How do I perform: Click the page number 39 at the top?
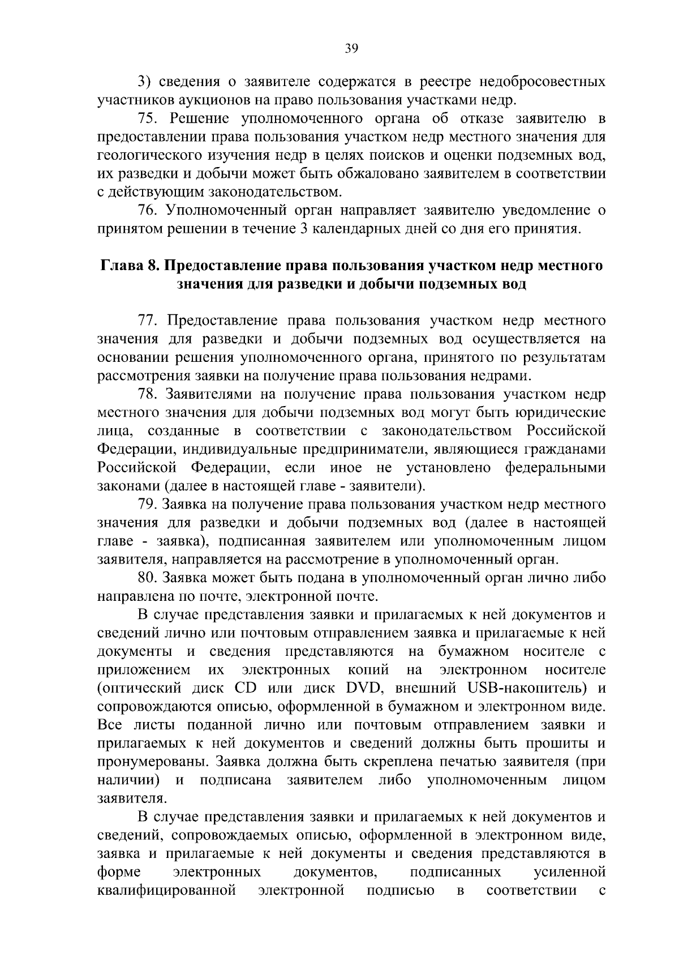click(351, 49)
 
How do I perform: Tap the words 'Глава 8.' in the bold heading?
click(131, 266)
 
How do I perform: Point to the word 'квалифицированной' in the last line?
click(166, 891)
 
